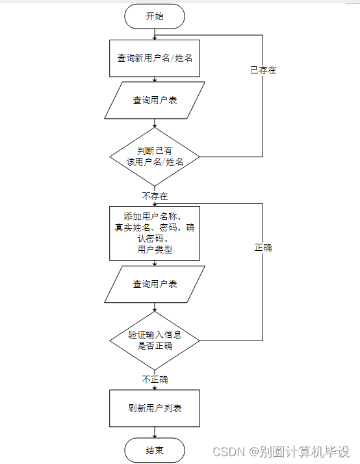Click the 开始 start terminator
tap(155, 17)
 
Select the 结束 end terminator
tap(155, 450)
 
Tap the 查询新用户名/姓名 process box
tap(155, 57)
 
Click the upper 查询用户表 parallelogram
tap(155, 100)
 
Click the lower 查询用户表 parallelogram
tap(155, 284)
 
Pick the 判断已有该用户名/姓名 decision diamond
tap(155, 157)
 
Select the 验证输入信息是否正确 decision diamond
tap(155, 341)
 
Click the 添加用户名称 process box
tap(155, 233)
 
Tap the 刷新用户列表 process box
tap(155, 408)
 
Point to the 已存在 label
tap(263, 70)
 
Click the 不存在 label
tap(155, 196)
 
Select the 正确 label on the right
tap(263, 248)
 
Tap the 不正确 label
tap(155, 380)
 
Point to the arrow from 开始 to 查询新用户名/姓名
tap(155, 34)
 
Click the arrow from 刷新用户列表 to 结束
tap(155, 432)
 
